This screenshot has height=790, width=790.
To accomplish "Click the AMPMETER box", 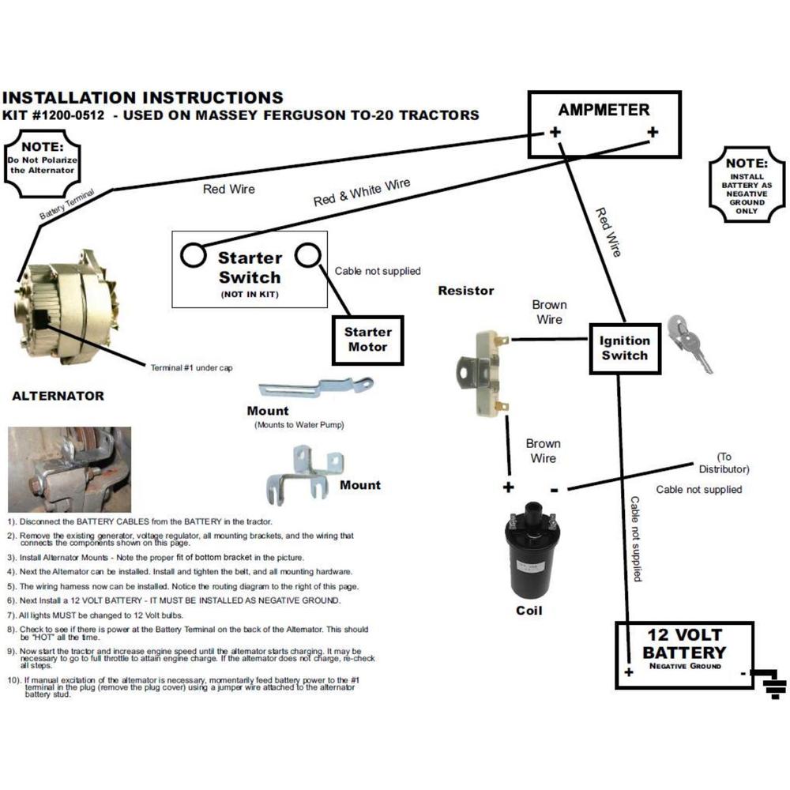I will point(604,124).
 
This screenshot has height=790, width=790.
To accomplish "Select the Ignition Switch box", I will point(624,348).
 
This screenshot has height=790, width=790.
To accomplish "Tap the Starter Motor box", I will point(367,340).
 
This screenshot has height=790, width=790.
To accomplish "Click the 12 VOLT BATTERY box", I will point(684,655).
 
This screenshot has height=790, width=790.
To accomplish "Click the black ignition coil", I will point(531,555).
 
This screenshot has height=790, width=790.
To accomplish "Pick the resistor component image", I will point(481,371).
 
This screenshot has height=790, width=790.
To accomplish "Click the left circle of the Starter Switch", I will point(194,255).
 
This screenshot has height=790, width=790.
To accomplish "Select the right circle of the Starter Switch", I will point(307,255).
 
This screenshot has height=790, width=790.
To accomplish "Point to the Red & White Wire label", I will point(362,193).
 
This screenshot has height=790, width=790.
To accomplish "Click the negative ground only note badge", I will point(747,183).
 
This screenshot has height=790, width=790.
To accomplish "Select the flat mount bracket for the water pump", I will point(315,389).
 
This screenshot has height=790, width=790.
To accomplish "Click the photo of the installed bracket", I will point(69,469).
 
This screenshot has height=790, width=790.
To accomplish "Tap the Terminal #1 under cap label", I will point(191,367).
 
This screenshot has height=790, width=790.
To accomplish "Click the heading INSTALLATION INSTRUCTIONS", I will point(143,98).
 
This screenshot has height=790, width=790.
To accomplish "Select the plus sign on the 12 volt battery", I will point(630,672).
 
